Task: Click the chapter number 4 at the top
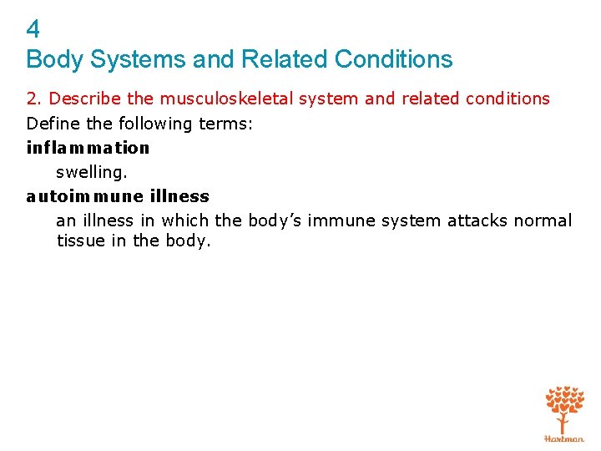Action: pos(33,30)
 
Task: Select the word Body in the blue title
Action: pos(52,59)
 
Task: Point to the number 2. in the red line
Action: pos(33,99)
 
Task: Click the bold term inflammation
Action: pos(88,148)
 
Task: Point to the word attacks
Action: pos(478,220)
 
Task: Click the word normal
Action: pos(543,220)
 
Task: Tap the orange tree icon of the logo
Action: pos(564,408)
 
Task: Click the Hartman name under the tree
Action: pos(564,438)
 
